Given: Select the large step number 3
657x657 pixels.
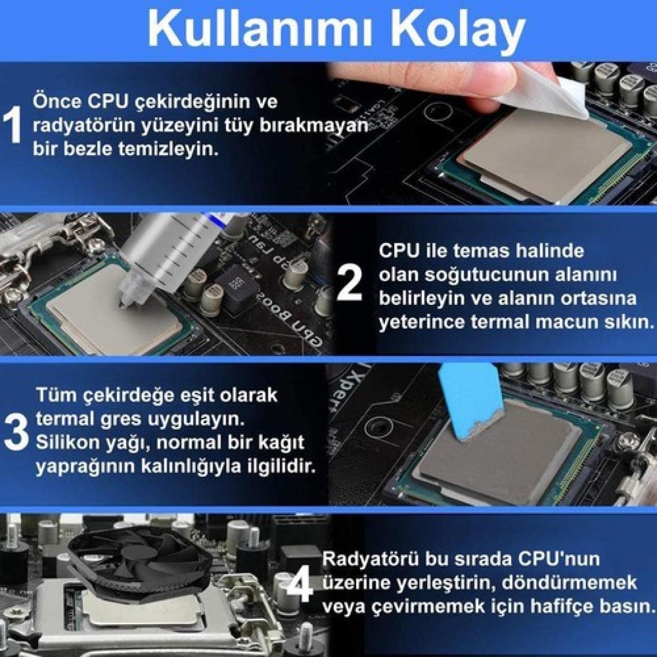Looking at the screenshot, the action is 16,432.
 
